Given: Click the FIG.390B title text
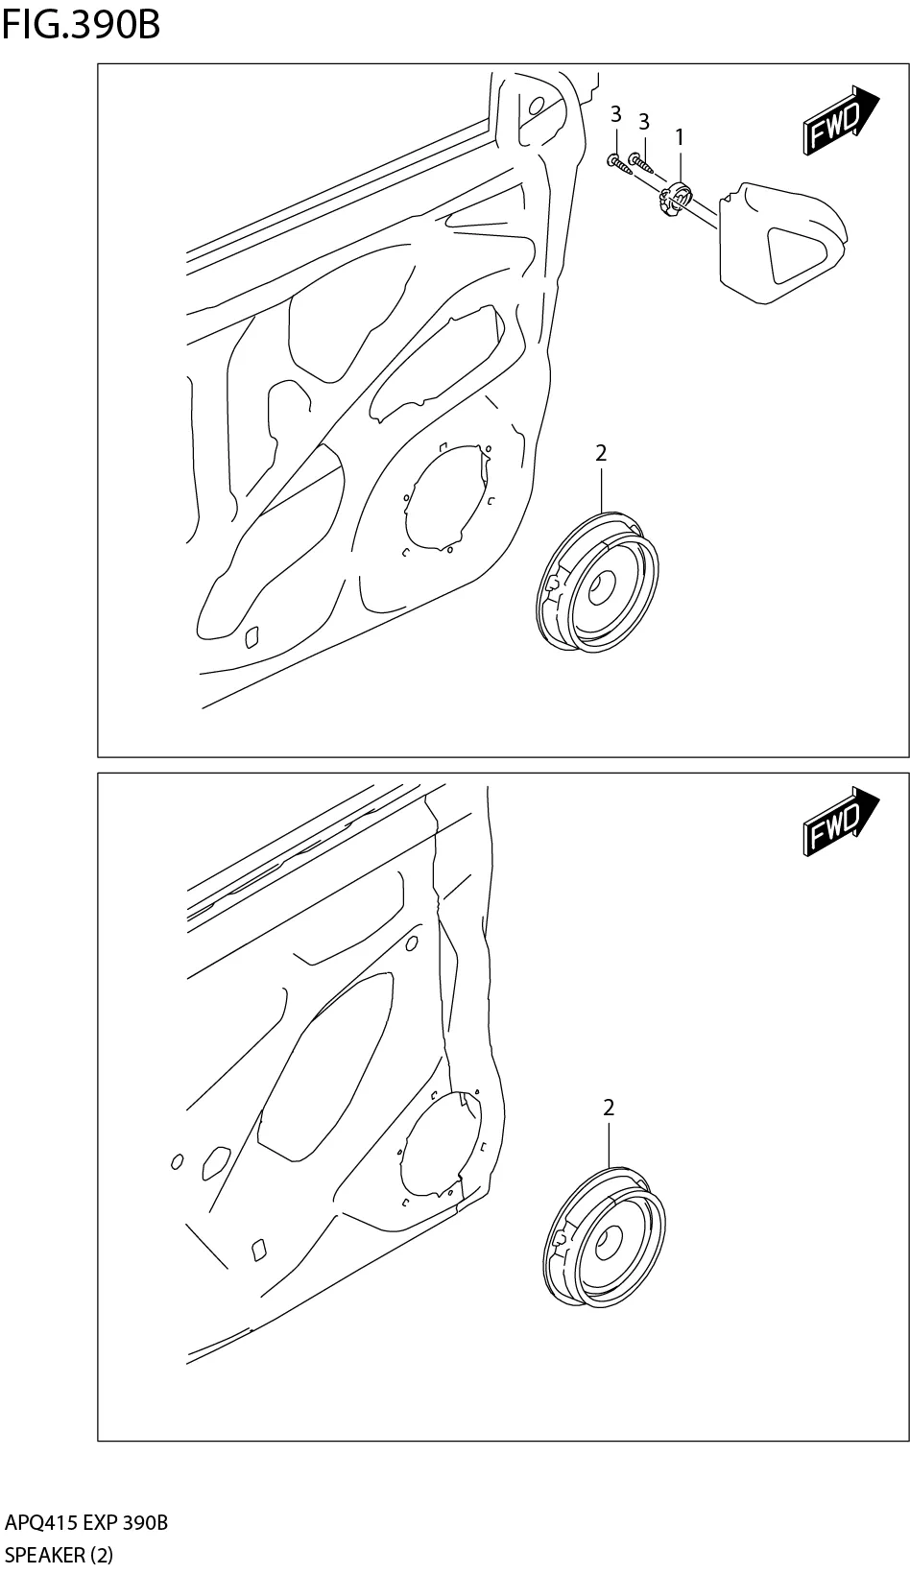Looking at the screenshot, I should pyautogui.click(x=81, y=25).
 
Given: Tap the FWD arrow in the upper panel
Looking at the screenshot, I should pyautogui.click(x=839, y=122).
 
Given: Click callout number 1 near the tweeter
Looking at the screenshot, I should pyautogui.click(x=680, y=137).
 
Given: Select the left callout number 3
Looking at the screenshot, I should pyautogui.click(x=615, y=115).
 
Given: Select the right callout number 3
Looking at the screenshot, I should pyautogui.click(x=644, y=122).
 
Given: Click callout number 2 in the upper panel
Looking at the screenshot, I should pyautogui.click(x=601, y=453).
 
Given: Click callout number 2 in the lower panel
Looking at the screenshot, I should pyautogui.click(x=609, y=1108).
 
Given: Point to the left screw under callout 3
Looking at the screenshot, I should pyautogui.click(x=620, y=164).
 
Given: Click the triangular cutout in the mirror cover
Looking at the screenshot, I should pyautogui.click(x=802, y=251).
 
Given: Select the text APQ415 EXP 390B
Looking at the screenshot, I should pyautogui.click(x=86, y=1523).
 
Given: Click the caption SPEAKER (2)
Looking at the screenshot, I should pyautogui.click(x=59, y=1555).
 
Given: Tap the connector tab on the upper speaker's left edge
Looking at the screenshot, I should pyautogui.click(x=553, y=582).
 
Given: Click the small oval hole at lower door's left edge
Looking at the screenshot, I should pyautogui.click(x=177, y=1162).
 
